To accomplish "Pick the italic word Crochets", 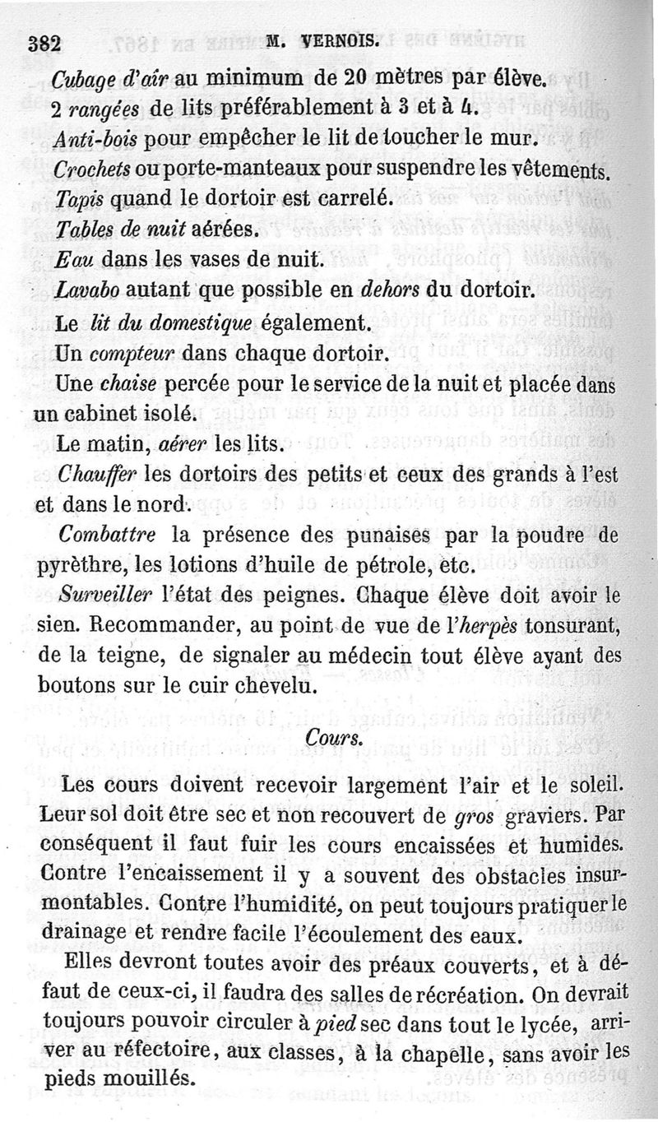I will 88,169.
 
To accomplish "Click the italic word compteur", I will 123,355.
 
